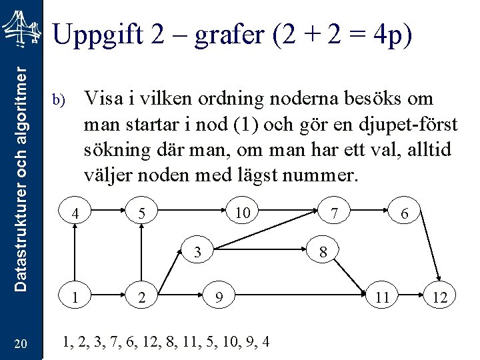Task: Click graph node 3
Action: tap(198, 253)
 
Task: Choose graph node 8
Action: tap(323, 253)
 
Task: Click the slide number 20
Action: tap(20, 344)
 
